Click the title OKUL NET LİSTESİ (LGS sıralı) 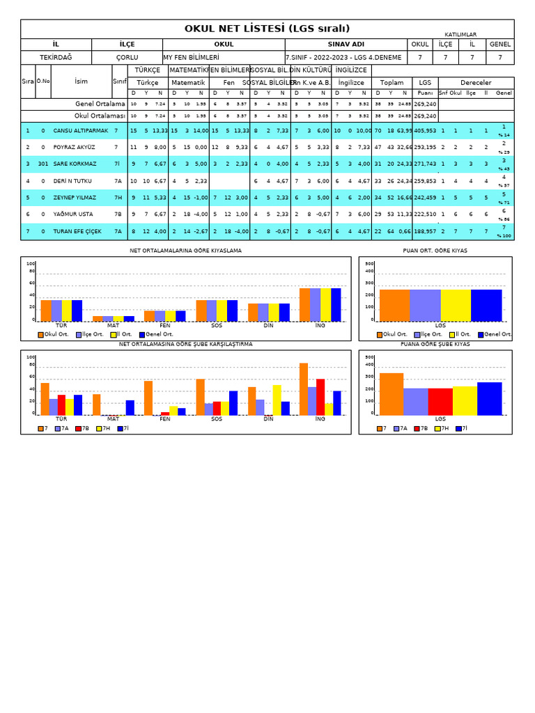pos(267,29)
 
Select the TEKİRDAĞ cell pos(56,58)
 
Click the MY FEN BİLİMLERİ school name pos(192,58)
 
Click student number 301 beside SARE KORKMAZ pos(42,164)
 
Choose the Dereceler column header pos(476,83)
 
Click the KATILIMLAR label pos(460,34)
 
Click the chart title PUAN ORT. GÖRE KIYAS pos(435,251)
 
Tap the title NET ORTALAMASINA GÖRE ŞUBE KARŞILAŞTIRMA pos(185,344)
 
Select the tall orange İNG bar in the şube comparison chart pos(304,389)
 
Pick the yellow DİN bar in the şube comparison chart pos(277,400)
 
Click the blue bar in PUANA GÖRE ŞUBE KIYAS pos(489,398)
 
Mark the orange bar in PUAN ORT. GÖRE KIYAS pos(394,304)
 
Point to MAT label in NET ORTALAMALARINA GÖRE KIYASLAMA pos(113,325)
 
